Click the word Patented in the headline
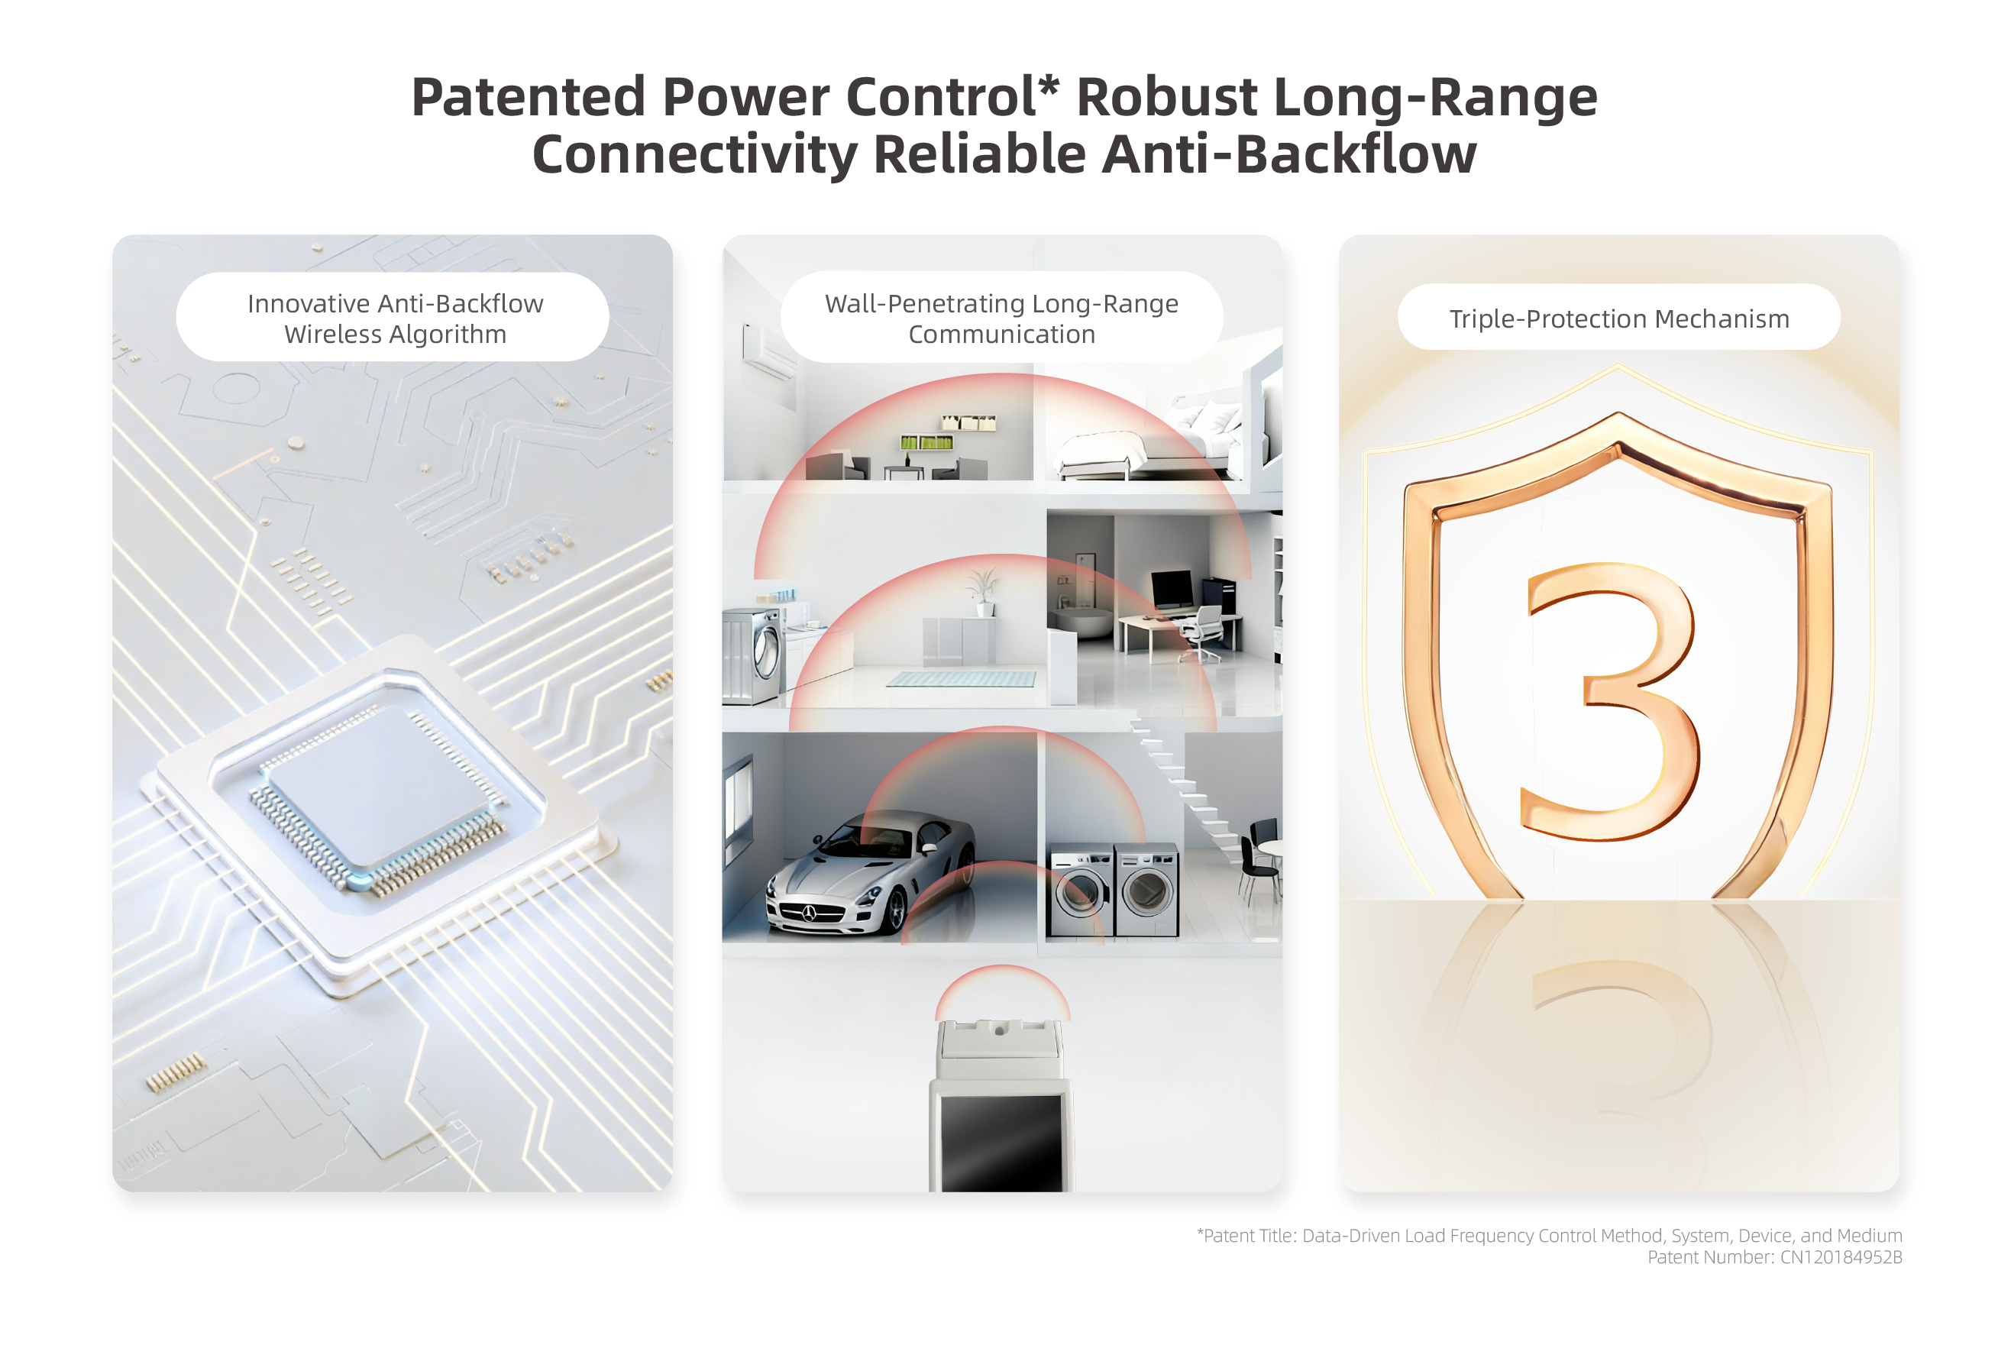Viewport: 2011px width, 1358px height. point(528,97)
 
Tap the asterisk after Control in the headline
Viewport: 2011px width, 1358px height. point(1048,85)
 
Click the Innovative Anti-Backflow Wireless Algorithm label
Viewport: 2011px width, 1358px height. point(395,318)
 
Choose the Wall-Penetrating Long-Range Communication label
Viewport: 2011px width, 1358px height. point(1001,318)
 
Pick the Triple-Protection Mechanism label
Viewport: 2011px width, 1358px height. point(1618,318)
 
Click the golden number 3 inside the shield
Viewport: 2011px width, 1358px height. point(1609,701)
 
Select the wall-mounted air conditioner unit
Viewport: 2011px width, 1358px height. point(769,351)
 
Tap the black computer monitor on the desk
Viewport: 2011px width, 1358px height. point(1172,590)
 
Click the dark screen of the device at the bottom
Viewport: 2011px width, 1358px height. point(1001,1143)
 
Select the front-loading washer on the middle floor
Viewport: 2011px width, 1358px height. point(755,655)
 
